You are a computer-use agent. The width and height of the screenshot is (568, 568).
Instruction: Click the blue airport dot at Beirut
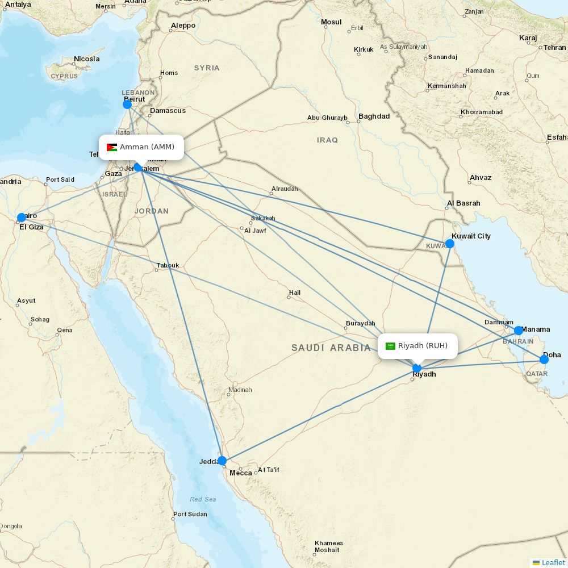127,105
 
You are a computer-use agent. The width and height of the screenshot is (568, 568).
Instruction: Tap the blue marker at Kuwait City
450,244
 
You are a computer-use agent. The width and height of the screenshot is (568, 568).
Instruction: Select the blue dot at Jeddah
222,461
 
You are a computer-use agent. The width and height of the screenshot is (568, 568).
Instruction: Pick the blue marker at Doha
544,359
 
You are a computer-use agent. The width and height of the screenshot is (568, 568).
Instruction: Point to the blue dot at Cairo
22,218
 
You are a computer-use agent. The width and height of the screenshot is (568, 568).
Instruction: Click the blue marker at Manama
519,331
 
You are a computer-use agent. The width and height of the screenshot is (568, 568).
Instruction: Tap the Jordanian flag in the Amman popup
112,147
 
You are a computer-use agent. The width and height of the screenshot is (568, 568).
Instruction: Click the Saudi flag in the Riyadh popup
390,346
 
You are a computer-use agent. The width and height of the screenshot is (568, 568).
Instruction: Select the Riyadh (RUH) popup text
423,346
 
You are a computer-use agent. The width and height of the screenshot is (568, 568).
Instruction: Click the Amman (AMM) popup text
147,147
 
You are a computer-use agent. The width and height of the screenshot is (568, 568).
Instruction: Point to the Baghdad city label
374,116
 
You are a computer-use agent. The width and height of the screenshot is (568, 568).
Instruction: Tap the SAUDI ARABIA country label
331,348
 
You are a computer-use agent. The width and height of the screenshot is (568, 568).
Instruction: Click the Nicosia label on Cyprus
86,59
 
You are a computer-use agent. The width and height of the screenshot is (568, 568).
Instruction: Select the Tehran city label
554,48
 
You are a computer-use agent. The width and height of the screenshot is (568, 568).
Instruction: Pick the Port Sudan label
190,514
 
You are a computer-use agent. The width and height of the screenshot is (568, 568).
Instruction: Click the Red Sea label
203,499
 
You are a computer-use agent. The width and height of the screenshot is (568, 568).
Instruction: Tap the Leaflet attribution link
553,562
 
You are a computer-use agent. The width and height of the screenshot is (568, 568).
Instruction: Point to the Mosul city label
331,22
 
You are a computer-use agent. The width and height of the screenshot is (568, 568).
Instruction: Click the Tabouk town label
168,265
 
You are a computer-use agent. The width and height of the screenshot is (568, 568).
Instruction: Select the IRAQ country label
328,140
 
